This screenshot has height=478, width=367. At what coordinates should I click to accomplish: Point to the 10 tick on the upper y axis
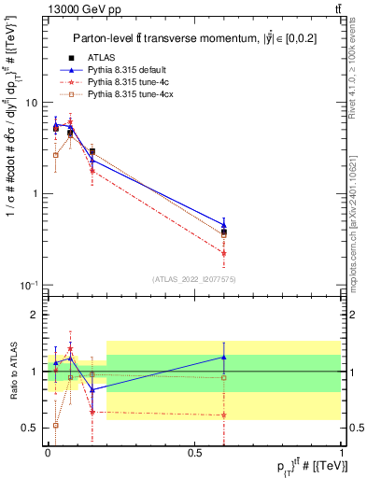tap(33, 103)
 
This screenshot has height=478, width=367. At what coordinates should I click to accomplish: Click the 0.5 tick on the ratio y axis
tap(34, 428)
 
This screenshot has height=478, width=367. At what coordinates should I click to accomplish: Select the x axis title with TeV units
tap(300, 466)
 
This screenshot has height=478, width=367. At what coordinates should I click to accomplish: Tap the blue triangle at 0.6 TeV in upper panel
tap(223, 225)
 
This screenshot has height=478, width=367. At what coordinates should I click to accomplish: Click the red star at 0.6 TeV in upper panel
tap(223, 252)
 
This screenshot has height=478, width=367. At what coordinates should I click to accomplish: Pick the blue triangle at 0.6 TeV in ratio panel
tap(223, 357)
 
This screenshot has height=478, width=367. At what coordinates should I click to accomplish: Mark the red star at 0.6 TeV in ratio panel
tap(223, 415)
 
